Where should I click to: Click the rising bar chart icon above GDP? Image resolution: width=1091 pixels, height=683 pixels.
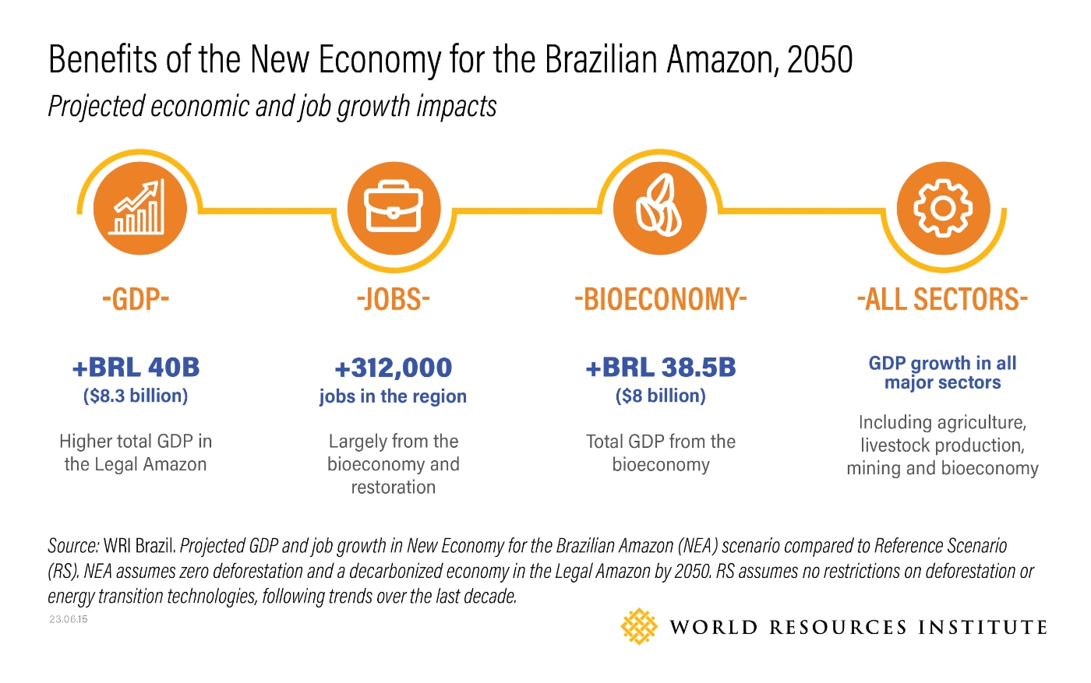click(x=139, y=208)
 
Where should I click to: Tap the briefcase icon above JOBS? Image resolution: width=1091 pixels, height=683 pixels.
click(x=394, y=208)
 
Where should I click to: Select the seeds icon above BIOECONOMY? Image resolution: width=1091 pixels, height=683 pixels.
click(x=659, y=208)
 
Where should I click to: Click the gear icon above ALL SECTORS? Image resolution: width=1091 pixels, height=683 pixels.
click(x=943, y=208)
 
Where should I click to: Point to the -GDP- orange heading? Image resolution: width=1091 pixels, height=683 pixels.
click(x=136, y=299)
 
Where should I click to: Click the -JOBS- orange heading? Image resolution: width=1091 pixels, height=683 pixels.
click(x=394, y=299)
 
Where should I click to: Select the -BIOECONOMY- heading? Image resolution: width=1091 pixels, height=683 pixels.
click(x=660, y=299)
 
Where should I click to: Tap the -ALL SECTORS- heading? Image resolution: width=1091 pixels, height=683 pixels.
click(x=942, y=299)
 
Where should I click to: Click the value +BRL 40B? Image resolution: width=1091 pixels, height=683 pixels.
click(x=136, y=367)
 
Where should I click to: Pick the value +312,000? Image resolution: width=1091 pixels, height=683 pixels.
click(x=394, y=368)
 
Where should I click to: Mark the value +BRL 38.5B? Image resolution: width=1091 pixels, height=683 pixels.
click(x=660, y=367)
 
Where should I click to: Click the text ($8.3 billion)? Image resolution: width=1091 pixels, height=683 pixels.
click(x=136, y=396)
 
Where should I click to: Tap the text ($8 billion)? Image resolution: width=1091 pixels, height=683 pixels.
click(x=660, y=396)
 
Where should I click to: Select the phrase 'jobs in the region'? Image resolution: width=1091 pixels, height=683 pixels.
click(x=393, y=396)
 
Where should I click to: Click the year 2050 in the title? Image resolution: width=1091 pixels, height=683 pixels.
click(x=820, y=60)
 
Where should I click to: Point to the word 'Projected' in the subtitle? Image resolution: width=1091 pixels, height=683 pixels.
click(x=96, y=107)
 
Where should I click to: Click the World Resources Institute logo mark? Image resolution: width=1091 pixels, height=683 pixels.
click(x=639, y=626)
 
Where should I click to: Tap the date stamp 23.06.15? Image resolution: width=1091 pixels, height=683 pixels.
click(x=69, y=619)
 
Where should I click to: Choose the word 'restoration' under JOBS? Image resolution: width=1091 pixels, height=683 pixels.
click(x=394, y=488)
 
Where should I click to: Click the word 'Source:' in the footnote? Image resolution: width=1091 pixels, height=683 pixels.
click(x=73, y=546)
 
